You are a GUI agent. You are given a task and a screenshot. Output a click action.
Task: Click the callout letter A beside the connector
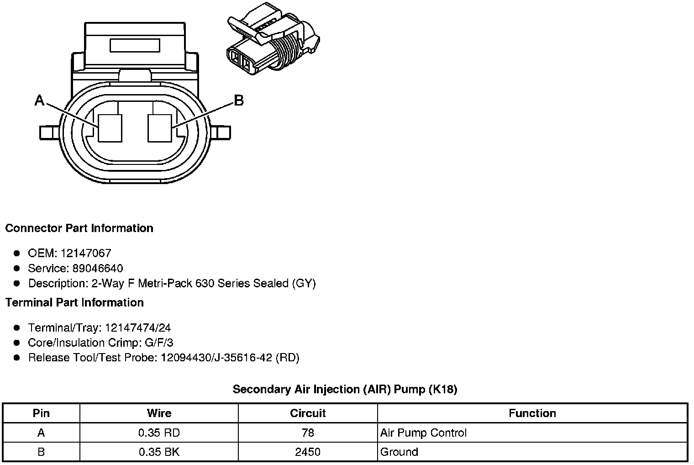coord(40,100)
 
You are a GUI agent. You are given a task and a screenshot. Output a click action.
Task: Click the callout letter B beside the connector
coord(238,100)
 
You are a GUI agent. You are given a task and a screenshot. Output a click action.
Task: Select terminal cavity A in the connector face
coord(110,127)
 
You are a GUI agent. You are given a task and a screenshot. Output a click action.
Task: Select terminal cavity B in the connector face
coord(159,127)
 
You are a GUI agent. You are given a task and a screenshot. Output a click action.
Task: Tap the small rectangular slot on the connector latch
coord(135,45)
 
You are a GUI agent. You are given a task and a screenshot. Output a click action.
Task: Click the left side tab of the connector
coord(48,132)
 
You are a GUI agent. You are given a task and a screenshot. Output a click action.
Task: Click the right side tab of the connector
coord(222,132)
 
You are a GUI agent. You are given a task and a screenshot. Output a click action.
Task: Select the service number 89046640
coord(98,268)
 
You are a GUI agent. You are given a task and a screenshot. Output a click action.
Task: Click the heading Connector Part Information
coord(79,228)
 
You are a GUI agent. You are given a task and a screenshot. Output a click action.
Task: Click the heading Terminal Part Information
coord(74,302)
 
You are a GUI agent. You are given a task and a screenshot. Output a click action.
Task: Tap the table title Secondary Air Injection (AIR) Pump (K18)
coord(345,389)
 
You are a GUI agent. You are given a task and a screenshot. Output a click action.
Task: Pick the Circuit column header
coord(308,413)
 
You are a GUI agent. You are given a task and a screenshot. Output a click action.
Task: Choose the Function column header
coord(532,413)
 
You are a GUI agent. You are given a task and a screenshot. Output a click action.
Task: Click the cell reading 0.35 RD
coord(159,433)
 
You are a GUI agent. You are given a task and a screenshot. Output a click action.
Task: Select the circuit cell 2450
coord(308,452)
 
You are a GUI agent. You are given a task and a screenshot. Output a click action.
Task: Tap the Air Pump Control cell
coord(423,433)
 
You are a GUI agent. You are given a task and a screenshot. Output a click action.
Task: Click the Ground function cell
coord(399,452)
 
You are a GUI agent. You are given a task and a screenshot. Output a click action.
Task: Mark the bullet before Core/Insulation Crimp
coord(17,343)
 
